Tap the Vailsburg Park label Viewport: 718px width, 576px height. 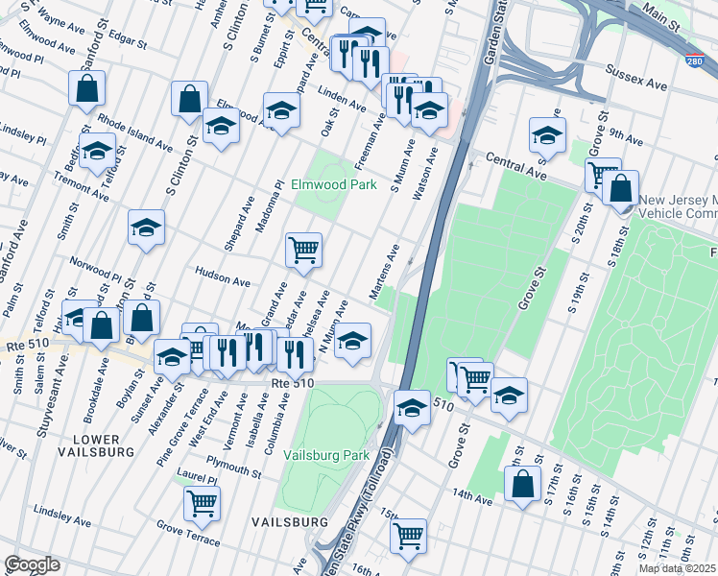coord(326,455)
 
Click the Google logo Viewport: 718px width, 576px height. coord(32,564)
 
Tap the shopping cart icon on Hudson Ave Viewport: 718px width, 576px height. coord(303,251)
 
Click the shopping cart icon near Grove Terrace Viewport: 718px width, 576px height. coord(202,502)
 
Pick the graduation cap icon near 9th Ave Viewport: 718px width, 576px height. coord(547,135)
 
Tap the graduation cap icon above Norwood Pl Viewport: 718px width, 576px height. coord(146,228)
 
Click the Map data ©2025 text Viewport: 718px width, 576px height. coord(678,568)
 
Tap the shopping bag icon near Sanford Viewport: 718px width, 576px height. coord(87,89)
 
